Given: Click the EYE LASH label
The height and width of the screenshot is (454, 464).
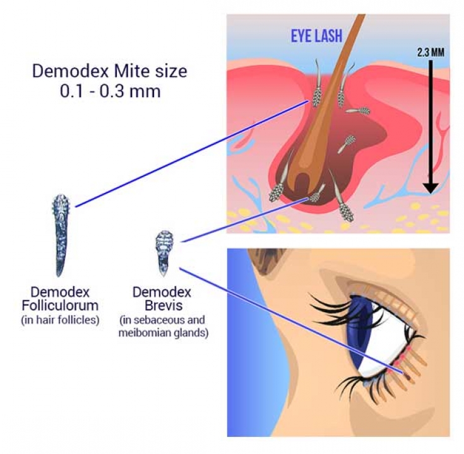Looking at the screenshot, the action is pyautogui.click(x=317, y=36).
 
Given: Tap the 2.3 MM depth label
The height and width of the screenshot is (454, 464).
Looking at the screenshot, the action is pyautogui.click(x=431, y=52).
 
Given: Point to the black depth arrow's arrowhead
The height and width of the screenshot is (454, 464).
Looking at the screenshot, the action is pyautogui.click(x=431, y=188).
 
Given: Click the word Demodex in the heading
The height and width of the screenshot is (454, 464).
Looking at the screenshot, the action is pyautogui.click(x=70, y=71).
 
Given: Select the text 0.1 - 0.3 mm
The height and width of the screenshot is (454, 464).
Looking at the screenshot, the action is pyautogui.click(x=110, y=91).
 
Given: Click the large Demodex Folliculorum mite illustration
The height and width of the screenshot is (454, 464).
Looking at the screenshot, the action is pyautogui.click(x=61, y=235).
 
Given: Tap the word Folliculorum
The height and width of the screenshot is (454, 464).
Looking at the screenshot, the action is pyautogui.click(x=60, y=305).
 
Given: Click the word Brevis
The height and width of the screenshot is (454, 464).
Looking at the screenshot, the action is pyautogui.click(x=164, y=305).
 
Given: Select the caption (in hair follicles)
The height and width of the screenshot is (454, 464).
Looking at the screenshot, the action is pyautogui.click(x=60, y=320).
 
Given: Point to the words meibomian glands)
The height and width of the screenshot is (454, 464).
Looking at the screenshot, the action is pyautogui.click(x=164, y=332).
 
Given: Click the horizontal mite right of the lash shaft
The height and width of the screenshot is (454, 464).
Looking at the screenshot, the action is pyautogui.click(x=357, y=111).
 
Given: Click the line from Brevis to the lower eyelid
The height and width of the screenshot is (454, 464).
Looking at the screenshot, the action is pyautogui.click(x=292, y=321).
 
